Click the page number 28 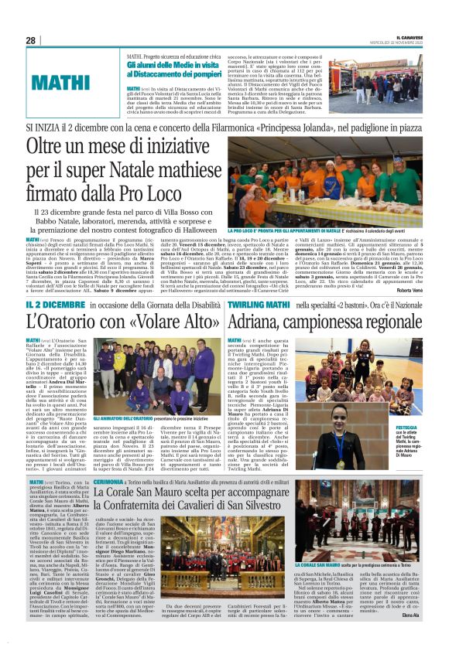(30, 40)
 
